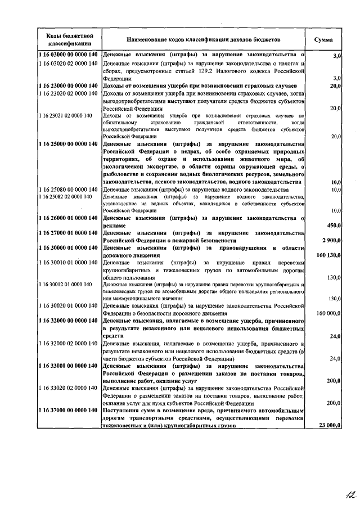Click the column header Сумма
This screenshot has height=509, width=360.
(x=323, y=40)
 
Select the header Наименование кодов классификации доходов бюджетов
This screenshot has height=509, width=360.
(x=204, y=40)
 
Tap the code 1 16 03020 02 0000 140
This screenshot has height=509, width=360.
(x=69, y=64)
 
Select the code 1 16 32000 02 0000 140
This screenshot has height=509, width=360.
(x=69, y=343)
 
